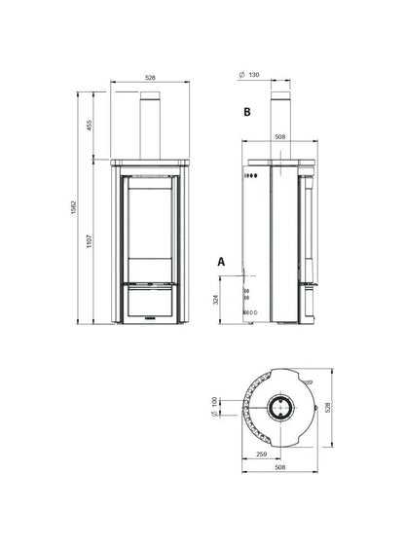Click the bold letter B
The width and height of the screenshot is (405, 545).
(247, 113)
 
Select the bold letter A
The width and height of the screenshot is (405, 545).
(222, 262)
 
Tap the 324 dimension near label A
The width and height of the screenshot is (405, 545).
(230, 300)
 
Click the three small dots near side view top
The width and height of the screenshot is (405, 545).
(247, 178)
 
